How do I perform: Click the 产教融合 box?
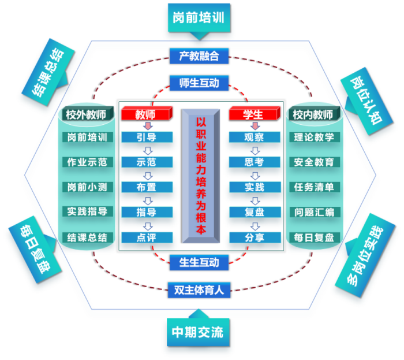[199, 56]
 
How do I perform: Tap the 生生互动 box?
[199, 262]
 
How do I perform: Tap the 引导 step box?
[147, 138]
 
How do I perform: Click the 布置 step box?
[147, 187]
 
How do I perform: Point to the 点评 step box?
[147, 237]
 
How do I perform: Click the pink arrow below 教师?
[147, 125]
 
